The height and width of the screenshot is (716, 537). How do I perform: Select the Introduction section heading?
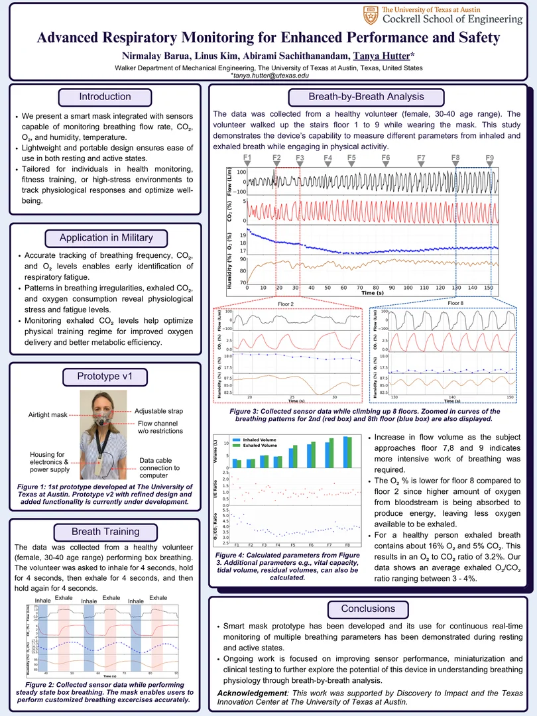105,97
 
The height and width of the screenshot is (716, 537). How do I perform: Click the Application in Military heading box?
105,237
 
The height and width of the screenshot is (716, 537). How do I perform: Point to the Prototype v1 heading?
105,377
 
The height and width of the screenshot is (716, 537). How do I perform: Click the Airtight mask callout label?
48,414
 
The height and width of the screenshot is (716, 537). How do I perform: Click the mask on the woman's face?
101,419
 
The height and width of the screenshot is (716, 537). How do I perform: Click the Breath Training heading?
105,532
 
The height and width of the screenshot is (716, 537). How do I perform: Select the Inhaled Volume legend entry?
259,440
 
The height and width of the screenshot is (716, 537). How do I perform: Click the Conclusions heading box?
367,609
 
